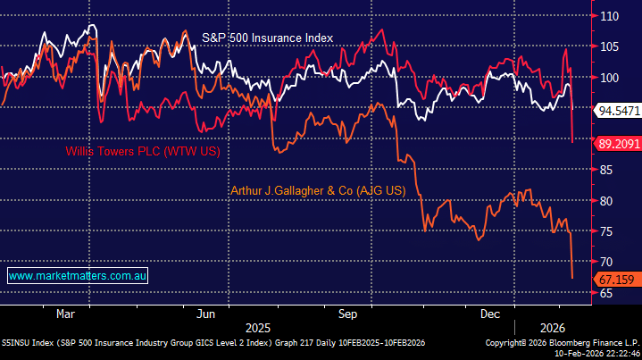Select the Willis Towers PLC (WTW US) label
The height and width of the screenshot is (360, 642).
click(x=142, y=152)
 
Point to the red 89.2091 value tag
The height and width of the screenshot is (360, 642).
click(x=619, y=142)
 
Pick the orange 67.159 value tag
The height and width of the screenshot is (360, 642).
click(x=616, y=280)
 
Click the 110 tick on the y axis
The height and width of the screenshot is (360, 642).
click(x=610, y=16)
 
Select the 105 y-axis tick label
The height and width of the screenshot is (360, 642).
click(x=610, y=46)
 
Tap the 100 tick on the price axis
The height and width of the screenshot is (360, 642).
click(x=610, y=78)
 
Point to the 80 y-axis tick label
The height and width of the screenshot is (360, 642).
click(x=607, y=201)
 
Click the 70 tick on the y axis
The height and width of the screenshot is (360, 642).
click(x=607, y=262)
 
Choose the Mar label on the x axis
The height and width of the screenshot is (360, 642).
click(x=65, y=314)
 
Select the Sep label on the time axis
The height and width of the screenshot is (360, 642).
click(x=348, y=314)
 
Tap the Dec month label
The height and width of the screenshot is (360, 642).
click(x=489, y=314)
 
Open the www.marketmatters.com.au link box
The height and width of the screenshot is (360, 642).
click(x=77, y=277)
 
